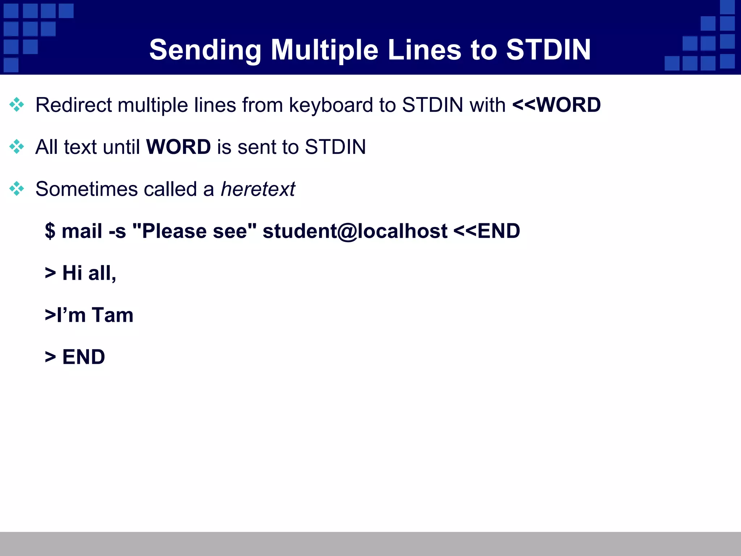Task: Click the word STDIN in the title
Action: pyautogui.click(x=548, y=50)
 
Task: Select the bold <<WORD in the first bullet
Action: pyautogui.click(x=556, y=105)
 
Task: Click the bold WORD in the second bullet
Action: pyautogui.click(x=178, y=147)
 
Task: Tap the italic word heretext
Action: pyautogui.click(x=258, y=189)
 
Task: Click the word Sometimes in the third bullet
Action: pyautogui.click(x=86, y=189)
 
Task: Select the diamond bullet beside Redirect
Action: pyautogui.click(x=17, y=105)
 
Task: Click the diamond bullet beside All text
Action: pyautogui.click(x=17, y=147)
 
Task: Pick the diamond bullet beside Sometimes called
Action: pyautogui.click(x=17, y=189)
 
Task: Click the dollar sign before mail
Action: pyautogui.click(x=50, y=231)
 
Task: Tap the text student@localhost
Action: pyautogui.click(x=355, y=231)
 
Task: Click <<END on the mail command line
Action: pyautogui.click(x=487, y=231)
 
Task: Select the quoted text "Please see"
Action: pyautogui.click(x=194, y=231)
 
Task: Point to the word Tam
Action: pyautogui.click(x=112, y=315)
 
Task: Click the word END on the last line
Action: pyautogui.click(x=84, y=357)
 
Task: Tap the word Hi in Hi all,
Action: pyautogui.click(x=72, y=273)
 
